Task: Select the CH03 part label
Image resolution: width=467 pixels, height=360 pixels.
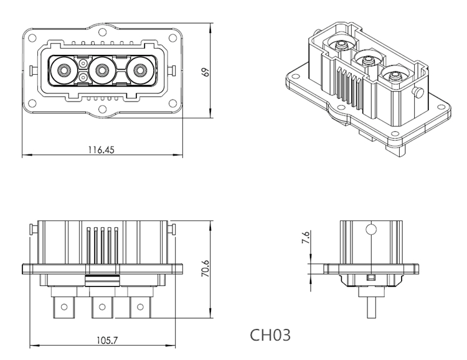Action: point(270,334)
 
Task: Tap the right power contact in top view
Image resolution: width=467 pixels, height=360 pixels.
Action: point(140,70)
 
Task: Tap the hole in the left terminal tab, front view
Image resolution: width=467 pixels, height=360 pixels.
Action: point(63,306)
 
